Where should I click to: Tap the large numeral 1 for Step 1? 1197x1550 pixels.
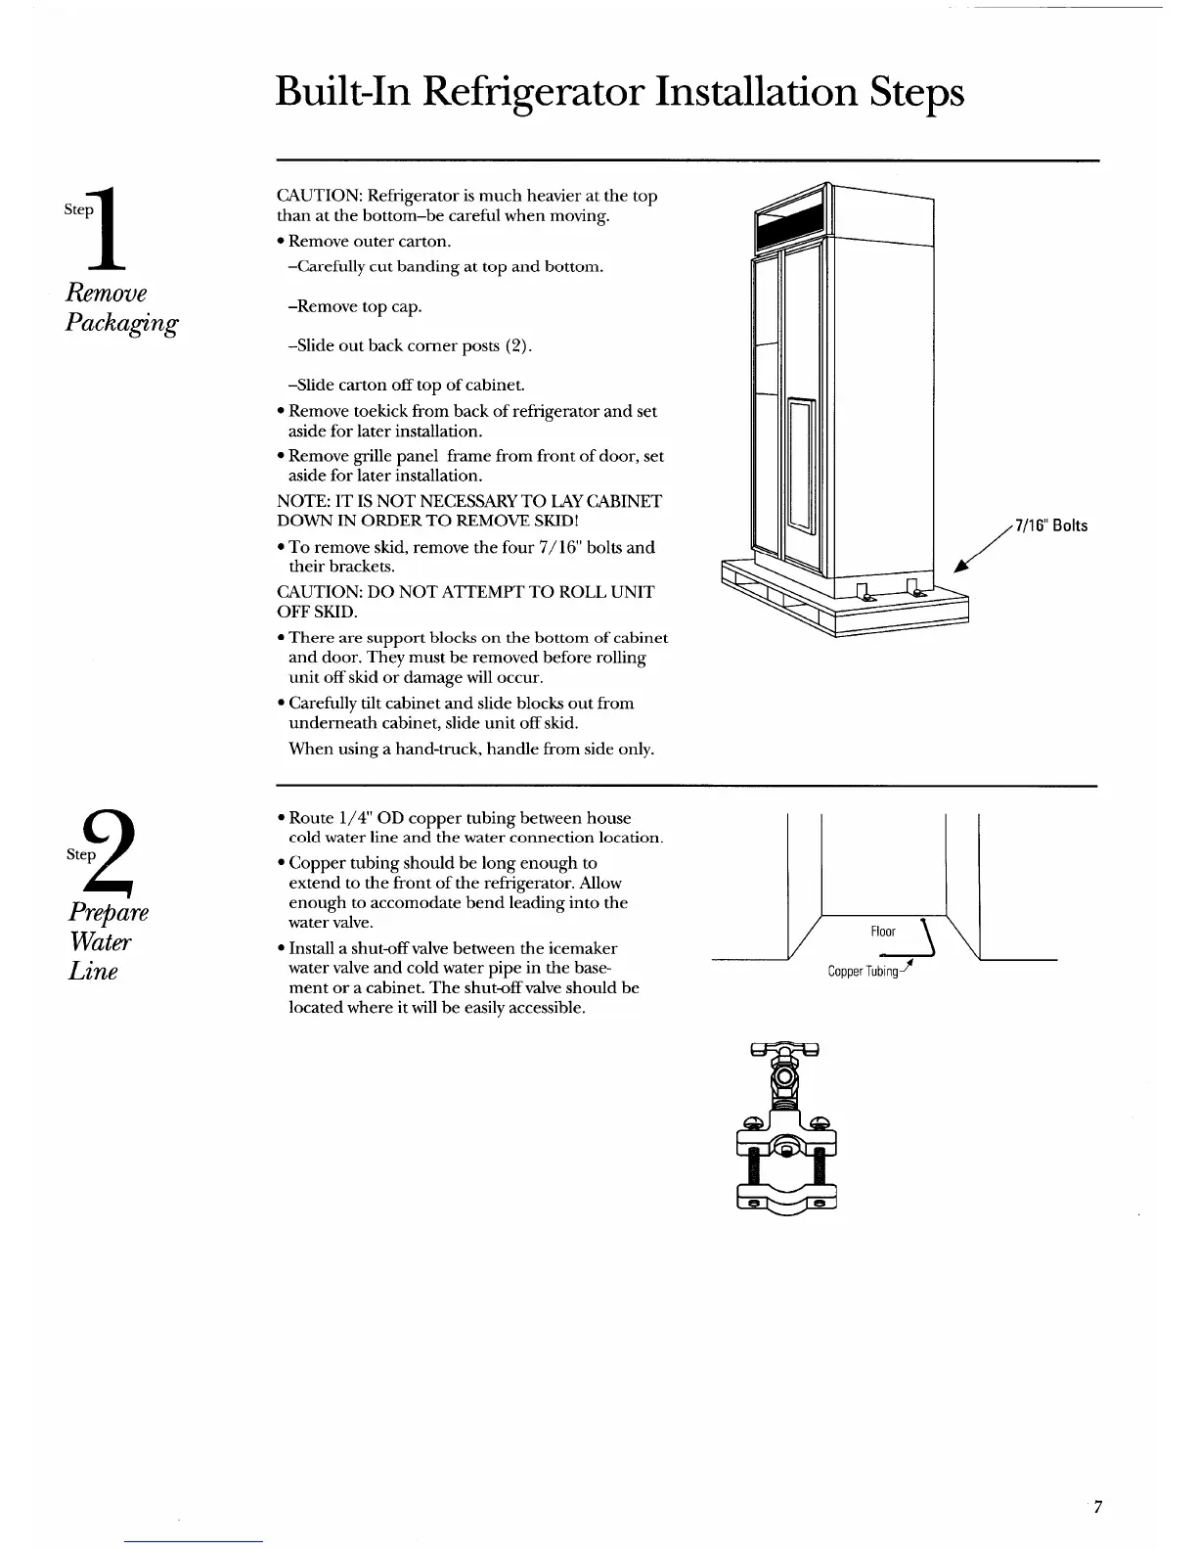tap(114, 228)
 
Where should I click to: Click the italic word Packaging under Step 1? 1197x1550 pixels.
tap(121, 324)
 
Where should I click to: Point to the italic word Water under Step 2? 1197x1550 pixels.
tap(99, 942)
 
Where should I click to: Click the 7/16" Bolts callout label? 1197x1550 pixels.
tap(1051, 526)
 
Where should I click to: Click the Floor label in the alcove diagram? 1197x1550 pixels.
tap(882, 932)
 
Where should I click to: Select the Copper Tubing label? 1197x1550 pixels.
tap(863, 972)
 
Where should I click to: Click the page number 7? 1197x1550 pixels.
tap(1097, 1534)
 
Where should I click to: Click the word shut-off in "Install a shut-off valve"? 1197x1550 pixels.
tap(389, 948)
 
